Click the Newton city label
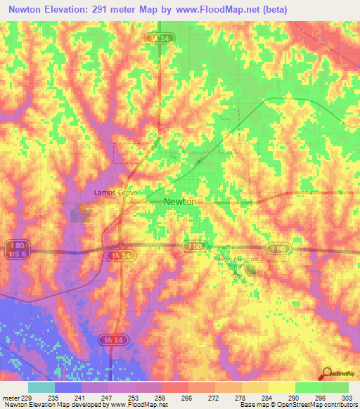point(180,202)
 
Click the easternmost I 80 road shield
point(277,248)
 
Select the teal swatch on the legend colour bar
point(41,387)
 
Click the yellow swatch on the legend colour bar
point(282,387)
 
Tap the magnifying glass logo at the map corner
point(327,374)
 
